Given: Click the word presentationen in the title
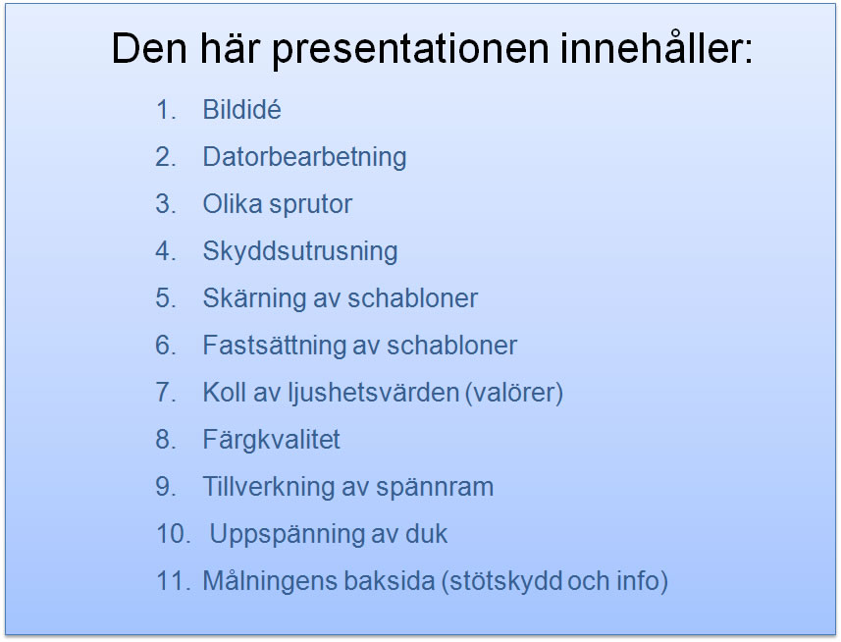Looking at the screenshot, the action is (411, 50).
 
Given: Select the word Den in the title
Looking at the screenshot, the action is (149, 48).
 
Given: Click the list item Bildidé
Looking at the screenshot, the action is (241, 109).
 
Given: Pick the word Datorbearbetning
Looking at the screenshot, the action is (304, 158).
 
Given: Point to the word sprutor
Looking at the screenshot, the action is (310, 205).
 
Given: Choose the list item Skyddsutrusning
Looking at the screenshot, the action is (300, 251).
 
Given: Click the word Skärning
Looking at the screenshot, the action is (254, 298).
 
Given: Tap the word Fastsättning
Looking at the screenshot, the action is (274, 346).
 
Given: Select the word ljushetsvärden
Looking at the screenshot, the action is (373, 393).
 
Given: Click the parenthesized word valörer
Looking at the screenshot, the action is (514, 393).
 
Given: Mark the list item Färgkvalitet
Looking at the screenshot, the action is (271, 440).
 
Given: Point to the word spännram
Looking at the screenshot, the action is (435, 488).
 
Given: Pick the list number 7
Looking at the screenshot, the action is (165, 393).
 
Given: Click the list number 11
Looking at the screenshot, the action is (173, 581).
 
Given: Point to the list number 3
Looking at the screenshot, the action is (165, 204).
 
